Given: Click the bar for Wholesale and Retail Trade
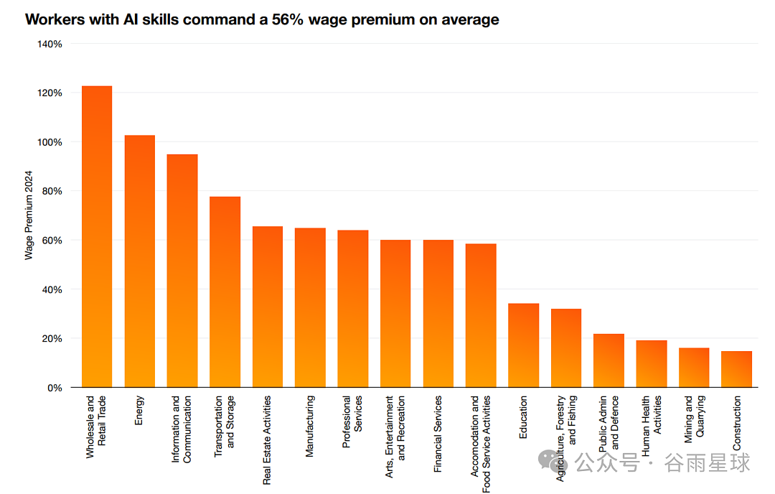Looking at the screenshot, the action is coord(97,236).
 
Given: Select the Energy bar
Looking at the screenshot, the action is coord(140,261).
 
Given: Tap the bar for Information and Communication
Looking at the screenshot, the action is coord(182,271).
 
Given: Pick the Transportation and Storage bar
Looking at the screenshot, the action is coord(225,292).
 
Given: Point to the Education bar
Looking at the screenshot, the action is coord(523,345).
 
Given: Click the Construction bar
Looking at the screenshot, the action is coord(736,369).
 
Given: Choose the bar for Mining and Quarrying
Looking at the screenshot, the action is coord(694,368).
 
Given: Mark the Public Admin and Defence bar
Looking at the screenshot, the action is coord(609,360).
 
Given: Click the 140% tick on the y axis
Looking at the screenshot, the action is coord(50,44).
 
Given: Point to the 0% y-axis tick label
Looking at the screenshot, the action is coord(55,388).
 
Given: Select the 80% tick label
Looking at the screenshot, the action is coord(52,192).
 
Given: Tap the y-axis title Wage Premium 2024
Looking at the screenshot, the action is coord(29,215).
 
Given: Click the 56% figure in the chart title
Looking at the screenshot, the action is coord(287,19).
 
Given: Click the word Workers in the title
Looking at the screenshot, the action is coord(55,19).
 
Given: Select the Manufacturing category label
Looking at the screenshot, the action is coord(309,426).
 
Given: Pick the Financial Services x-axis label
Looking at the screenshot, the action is coord(438,434).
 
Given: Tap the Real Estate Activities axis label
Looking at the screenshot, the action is coord(267,440).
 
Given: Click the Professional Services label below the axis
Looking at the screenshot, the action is coord(352,421).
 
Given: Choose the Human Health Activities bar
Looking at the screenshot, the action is coord(652,363).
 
